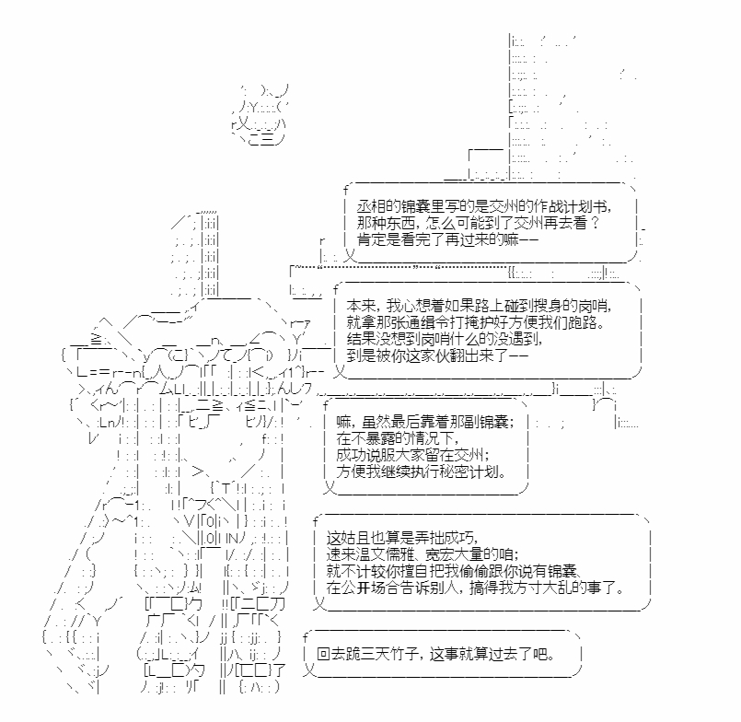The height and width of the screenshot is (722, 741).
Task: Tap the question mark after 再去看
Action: click(x=595, y=223)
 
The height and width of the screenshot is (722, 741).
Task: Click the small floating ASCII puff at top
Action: click(x=260, y=114)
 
